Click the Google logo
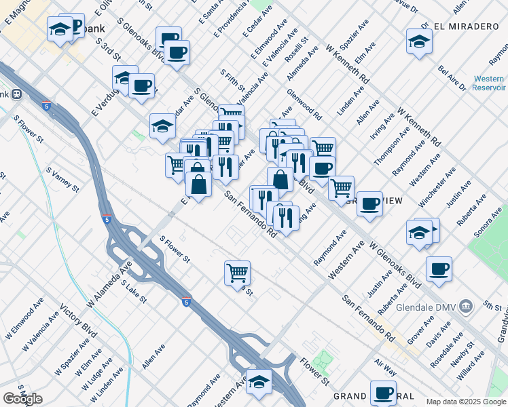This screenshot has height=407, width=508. [x=22, y=399]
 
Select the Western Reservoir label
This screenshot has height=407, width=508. [x=489, y=83]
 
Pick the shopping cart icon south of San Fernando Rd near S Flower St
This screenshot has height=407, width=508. [x=237, y=273]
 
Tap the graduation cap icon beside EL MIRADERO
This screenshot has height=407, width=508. [x=419, y=41]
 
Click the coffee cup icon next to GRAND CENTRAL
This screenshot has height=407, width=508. [x=383, y=392]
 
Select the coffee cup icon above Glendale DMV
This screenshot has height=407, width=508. [x=439, y=268]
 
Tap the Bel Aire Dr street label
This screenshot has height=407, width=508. [x=452, y=78]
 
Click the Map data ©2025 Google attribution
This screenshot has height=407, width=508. [x=466, y=402]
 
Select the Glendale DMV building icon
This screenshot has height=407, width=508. [x=466, y=305]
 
